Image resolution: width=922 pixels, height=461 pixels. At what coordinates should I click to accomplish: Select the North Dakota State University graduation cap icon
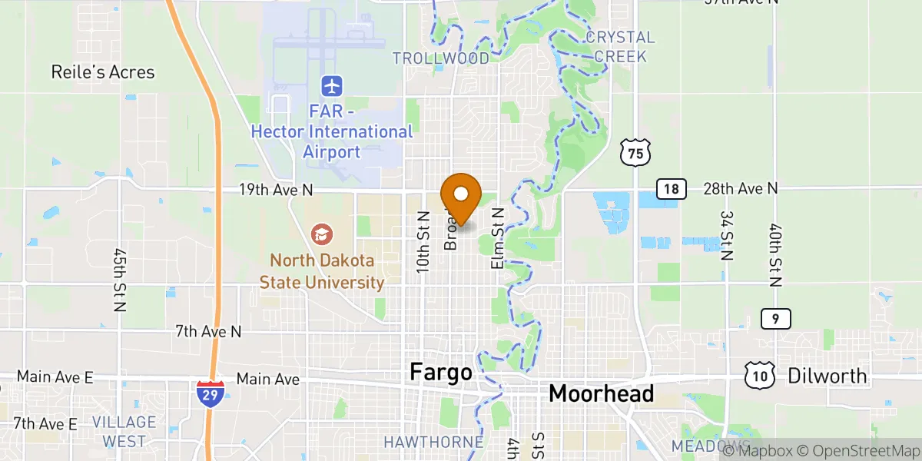pos(322,233)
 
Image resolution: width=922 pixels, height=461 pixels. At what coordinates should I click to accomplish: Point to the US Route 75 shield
pos(635,154)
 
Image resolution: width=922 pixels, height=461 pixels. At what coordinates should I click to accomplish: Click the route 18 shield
pos(670,189)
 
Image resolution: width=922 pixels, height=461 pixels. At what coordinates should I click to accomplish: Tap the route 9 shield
pos(776,319)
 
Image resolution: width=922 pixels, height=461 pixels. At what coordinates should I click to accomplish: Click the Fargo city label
pos(440,373)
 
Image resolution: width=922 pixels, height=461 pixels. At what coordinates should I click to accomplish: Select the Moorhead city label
pos(601,393)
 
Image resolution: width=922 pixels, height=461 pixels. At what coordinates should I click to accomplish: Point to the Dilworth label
pos(827,376)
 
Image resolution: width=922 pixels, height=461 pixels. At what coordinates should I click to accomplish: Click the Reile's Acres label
pos(103,72)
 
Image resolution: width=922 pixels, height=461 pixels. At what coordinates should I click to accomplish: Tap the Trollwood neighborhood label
pos(440,58)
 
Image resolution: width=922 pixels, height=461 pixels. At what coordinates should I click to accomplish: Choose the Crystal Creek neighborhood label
pos(620,47)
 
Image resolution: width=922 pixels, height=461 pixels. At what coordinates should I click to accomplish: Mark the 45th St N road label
pos(119,280)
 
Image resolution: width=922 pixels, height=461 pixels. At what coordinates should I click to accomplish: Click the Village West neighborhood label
pos(124,432)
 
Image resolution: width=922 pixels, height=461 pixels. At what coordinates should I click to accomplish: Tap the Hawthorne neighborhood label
pos(433,442)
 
